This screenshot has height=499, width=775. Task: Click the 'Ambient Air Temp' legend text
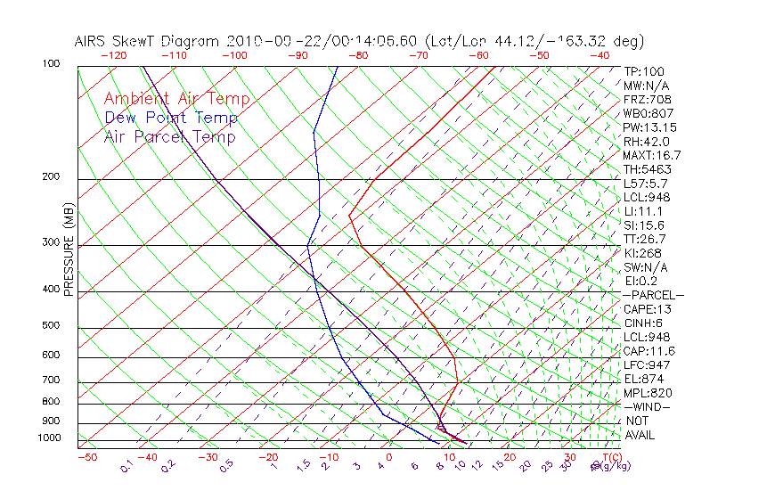[x=176, y=99]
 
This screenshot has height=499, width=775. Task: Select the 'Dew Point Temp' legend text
[x=171, y=118]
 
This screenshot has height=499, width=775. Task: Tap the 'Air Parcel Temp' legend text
[x=169, y=136]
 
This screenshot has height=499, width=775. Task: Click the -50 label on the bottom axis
[x=86, y=457]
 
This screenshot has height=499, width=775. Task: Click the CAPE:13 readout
[x=648, y=309]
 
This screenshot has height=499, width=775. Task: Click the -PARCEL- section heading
[x=653, y=295]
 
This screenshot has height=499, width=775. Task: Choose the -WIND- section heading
[x=649, y=406]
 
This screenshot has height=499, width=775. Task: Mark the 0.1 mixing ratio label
[x=126, y=465]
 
